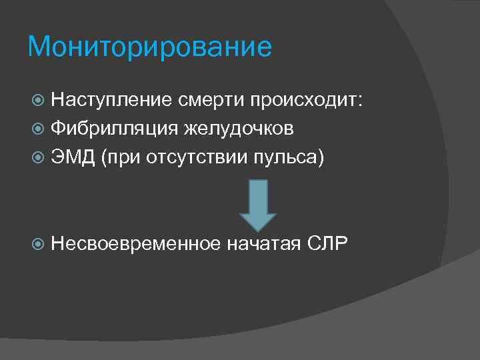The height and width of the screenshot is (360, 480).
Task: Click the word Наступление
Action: [x=111, y=100]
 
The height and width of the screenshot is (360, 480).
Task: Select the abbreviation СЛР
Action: [x=328, y=243]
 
